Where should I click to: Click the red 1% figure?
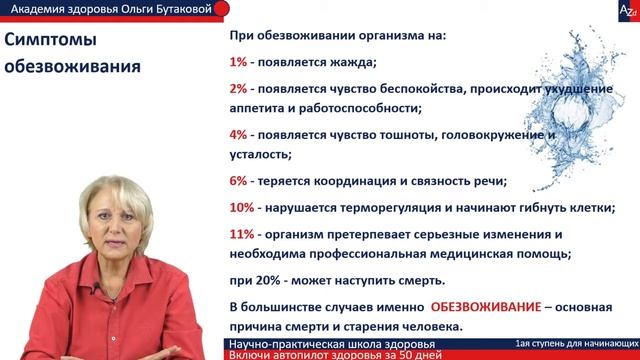point(239,62)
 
